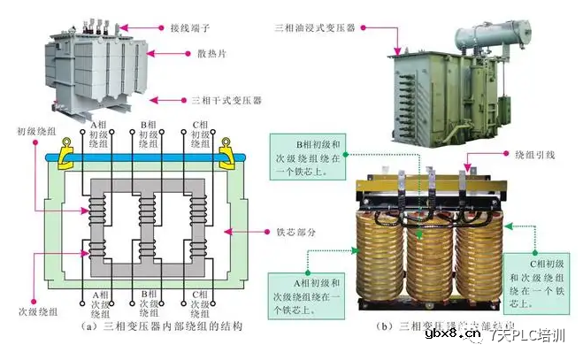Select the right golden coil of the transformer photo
479,252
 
